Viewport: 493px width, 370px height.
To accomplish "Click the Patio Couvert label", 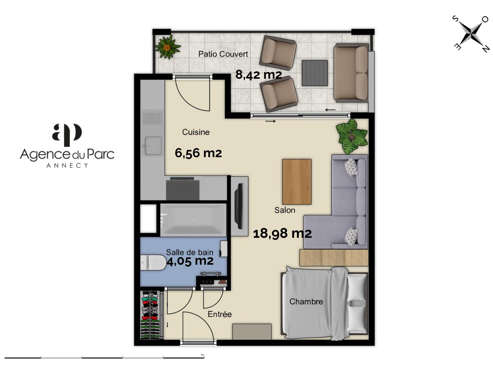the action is click(223, 54).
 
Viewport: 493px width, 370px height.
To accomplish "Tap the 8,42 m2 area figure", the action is click(258, 74).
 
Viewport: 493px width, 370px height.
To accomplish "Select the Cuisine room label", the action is click(196, 132).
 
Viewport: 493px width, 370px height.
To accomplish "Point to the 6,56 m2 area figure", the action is click(198, 153).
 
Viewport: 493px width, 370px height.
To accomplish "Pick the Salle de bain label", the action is click(189, 252).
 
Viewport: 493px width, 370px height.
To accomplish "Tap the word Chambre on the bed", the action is click(306, 301).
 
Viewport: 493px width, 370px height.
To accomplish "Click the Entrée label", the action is click(219, 314).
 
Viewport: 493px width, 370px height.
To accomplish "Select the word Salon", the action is click(284, 210).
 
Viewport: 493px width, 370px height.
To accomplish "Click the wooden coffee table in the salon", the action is click(296, 182).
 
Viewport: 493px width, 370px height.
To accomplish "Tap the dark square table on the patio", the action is click(314, 73).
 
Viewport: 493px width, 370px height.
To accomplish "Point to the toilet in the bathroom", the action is click(153, 262).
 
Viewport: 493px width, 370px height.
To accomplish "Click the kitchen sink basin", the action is click(153, 146).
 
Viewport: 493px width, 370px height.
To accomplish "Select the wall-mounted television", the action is click(239, 206).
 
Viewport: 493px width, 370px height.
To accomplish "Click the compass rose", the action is click(471, 34).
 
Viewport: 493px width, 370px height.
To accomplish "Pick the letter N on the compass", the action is click(485, 48).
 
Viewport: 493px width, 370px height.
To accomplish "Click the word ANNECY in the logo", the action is click(67, 166).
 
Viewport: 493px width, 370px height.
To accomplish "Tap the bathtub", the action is click(193, 220).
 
